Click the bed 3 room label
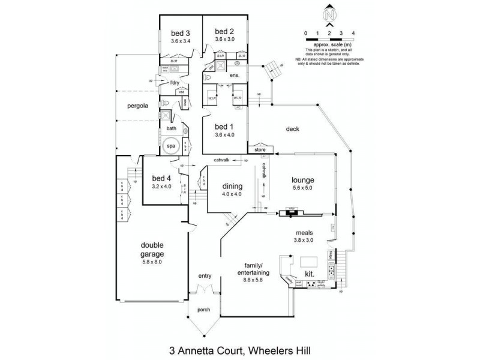(180, 32)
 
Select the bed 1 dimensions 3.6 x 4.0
(223, 135)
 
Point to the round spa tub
(171, 146)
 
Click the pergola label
(137, 106)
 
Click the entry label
(205, 276)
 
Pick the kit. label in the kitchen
(310, 274)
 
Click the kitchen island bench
(310, 262)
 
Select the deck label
(292, 128)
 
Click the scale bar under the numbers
(329, 38)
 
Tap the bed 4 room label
(161, 178)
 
